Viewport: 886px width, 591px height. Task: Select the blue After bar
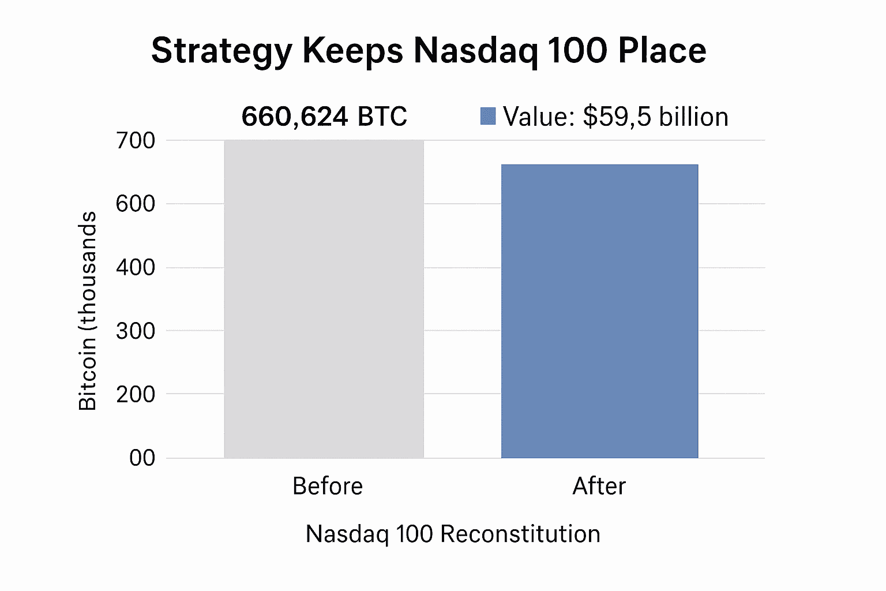(x=599, y=311)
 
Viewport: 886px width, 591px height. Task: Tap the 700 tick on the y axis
(x=136, y=140)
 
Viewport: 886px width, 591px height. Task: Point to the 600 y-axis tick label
(x=136, y=204)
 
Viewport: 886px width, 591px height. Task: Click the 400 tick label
(x=136, y=268)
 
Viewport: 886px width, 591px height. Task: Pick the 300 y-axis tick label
(x=136, y=331)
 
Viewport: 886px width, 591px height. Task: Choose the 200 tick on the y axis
(x=136, y=394)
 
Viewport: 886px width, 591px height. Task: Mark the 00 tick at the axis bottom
(x=142, y=458)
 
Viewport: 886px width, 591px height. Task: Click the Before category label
(x=328, y=486)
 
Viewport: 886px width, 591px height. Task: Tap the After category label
(x=599, y=486)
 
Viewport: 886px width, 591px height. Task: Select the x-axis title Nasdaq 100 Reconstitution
(x=453, y=534)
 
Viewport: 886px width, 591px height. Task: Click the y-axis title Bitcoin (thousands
(x=88, y=311)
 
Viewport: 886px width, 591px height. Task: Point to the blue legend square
(x=488, y=116)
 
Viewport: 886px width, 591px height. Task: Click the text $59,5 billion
(x=655, y=117)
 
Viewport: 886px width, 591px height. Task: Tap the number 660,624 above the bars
(x=295, y=117)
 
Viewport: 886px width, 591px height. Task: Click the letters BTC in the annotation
(x=382, y=117)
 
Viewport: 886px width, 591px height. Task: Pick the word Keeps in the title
(x=352, y=51)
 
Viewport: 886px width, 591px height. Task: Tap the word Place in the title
(x=662, y=51)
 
